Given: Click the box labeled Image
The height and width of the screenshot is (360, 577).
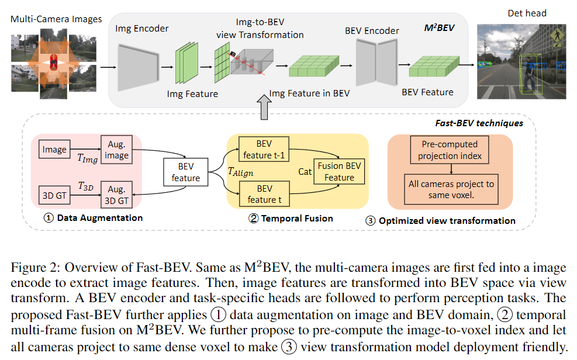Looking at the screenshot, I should tap(54, 150).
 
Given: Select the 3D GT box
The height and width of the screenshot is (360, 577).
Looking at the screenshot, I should tap(54, 193).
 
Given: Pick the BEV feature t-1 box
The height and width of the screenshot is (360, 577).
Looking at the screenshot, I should tap(264, 149).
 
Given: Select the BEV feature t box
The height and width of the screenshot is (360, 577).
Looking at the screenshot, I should tap(264, 194).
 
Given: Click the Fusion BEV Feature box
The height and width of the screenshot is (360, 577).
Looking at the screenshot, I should tap(339, 171).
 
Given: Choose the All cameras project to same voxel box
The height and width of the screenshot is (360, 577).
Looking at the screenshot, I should tap(451, 189).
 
